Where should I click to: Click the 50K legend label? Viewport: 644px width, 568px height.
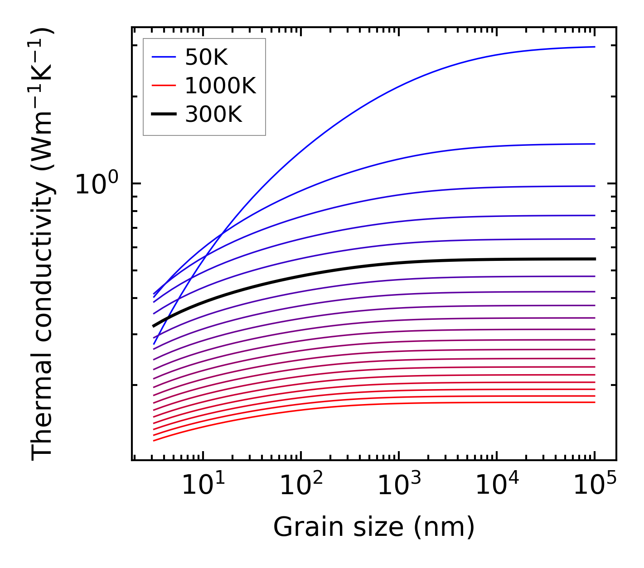pyautogui.click(x=206, y=57)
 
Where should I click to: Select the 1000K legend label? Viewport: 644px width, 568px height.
pyautogui.click(x=220, y=86)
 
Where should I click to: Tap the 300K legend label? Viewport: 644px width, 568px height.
pyautogui.click(x=213, y=115)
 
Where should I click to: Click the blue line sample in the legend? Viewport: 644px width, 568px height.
pyautogui.click(x=163, y=57)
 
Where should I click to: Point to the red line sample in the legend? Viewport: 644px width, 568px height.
pyautogui.click(x=163, y=86)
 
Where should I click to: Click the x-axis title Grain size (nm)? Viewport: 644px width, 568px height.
pyautogui.click(x=374, y=527)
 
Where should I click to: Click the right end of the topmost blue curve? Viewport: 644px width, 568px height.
pyautogui.click(x=594, y=47)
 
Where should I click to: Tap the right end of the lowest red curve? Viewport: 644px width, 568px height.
pyautogui.click(x=594, y=402)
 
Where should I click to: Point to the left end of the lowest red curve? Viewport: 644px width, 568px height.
pyautogui.click(x=155, y=440)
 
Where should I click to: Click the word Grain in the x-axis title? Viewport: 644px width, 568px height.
pyautogui.click(x=296, y=527)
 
